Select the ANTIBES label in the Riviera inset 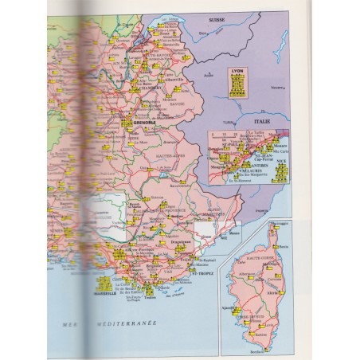(253, 164)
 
